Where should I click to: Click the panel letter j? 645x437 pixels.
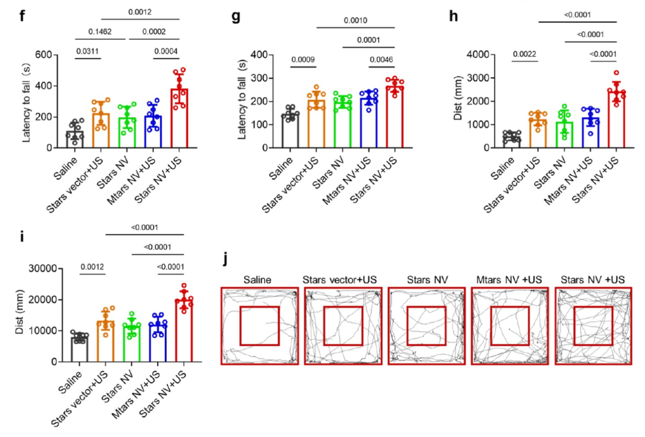225,259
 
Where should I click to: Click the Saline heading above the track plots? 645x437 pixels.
259,279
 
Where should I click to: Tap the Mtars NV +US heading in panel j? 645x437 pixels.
509,279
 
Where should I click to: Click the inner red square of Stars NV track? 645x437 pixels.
426,326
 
